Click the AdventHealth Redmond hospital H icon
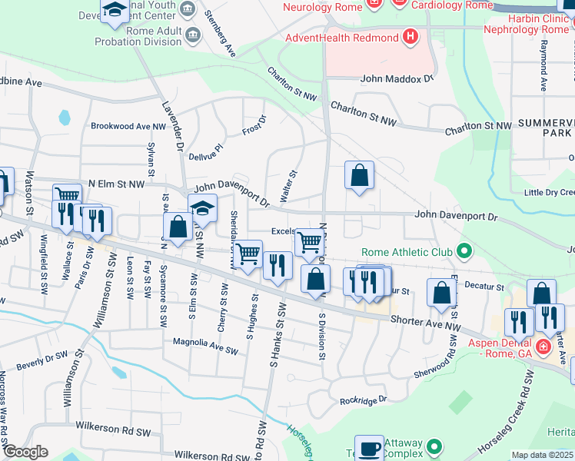(410, 37)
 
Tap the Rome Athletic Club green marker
(464, 251)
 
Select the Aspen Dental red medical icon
(543, 346)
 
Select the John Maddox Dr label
(397, 78)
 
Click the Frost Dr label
(254, 125)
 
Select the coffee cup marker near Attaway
(369, 447)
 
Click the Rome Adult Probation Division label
(138, 36)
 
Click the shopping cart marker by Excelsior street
(310, 242)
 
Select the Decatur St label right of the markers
(484, 286)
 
